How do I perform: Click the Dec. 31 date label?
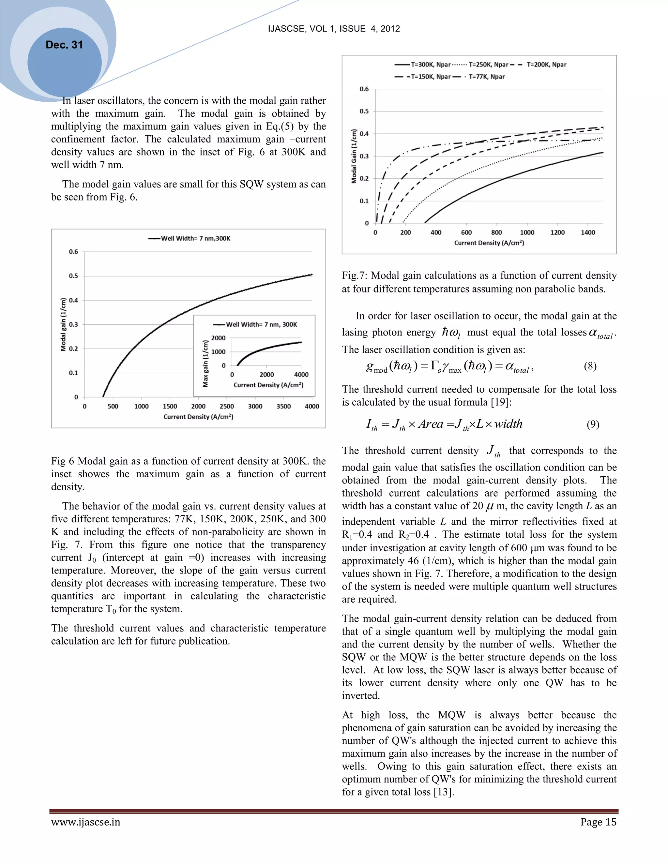[x=64, y=45]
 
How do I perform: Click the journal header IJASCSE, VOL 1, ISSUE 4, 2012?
[x=334, y=28]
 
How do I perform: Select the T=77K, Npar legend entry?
[x=486, y=77]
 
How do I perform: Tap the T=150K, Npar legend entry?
[x=431, y=77]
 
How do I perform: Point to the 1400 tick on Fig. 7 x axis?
[x=588, y=232]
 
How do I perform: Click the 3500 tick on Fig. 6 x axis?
[x=283, y=406]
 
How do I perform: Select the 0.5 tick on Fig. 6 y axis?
[x=74, y=276]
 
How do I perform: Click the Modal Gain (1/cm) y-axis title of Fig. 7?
[x=354, y=156]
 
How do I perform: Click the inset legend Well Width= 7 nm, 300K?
[x=261, y=324]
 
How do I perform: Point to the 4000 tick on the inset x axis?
[x=301, y=374]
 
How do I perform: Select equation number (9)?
[x=592, y=425]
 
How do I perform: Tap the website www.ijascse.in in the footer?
[x=85, y=822]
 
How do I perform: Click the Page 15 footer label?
[x=598, y=822]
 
